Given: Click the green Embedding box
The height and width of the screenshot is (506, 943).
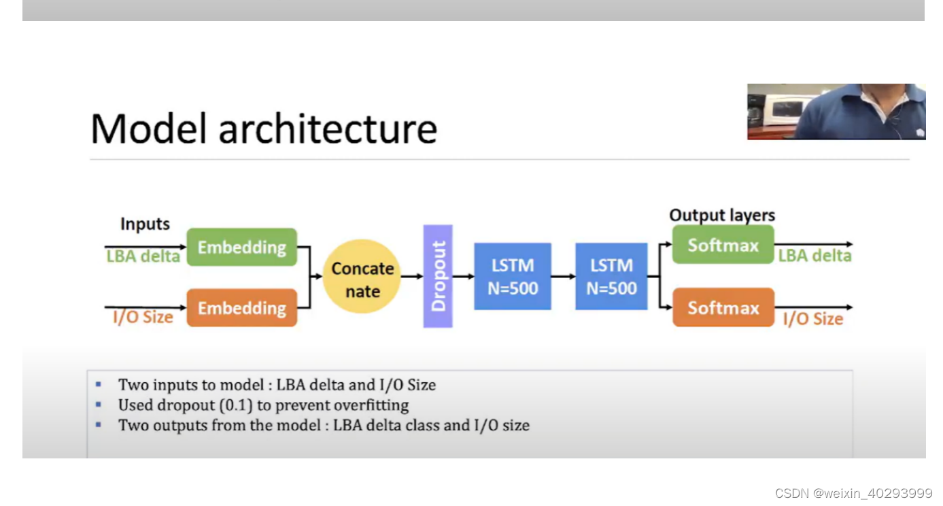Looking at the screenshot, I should [241, 247].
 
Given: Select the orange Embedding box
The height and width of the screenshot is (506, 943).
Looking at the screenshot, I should [241, 308].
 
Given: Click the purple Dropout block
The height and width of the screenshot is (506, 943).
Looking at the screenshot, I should [438, 276].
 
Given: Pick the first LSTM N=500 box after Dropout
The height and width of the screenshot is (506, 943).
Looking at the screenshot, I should [512, 276].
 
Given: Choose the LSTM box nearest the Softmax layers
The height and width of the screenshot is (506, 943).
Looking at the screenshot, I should [611, 276].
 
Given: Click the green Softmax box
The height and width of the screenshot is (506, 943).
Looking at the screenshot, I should [723, 245].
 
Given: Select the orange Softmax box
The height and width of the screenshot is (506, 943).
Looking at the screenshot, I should [723, 307].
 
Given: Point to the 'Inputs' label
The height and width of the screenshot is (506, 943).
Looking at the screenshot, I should [145, 224].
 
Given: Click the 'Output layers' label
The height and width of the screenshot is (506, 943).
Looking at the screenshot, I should [722, 216].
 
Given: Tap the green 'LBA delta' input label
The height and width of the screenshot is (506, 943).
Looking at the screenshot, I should [143, 256].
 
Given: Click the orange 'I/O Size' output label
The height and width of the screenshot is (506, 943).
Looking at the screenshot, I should [813, 319].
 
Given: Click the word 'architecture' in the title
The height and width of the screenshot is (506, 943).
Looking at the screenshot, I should [327, 129].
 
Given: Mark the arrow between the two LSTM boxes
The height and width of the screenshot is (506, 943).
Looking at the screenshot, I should [563, 277].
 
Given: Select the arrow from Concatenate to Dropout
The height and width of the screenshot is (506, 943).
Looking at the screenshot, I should [412, 276].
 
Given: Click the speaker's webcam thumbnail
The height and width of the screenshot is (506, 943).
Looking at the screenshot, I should [836, 112].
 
